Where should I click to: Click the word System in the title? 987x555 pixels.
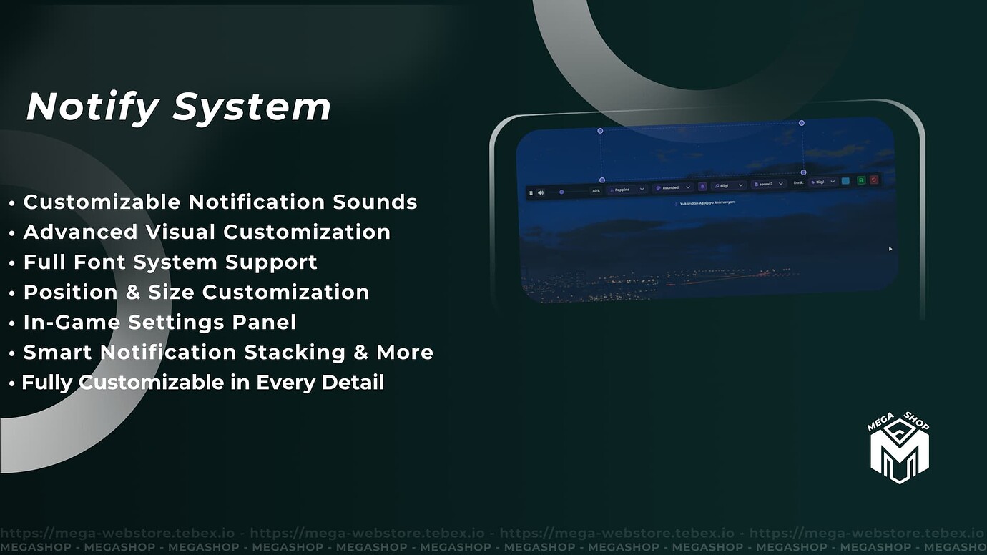(252, 107)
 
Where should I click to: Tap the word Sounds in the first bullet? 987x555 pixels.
(375, 202)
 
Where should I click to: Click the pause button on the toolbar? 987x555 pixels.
(531, 192)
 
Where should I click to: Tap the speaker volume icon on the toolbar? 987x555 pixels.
(541, 192)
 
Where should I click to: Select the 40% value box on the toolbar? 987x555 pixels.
(596, 190)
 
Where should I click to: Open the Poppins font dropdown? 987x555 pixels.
(627, 189)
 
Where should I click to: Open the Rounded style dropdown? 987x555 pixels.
(672, 187)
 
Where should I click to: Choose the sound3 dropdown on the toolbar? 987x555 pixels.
(769, 184)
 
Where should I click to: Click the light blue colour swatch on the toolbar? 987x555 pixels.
(846, 181)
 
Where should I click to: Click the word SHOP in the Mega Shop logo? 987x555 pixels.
(916, 421)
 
